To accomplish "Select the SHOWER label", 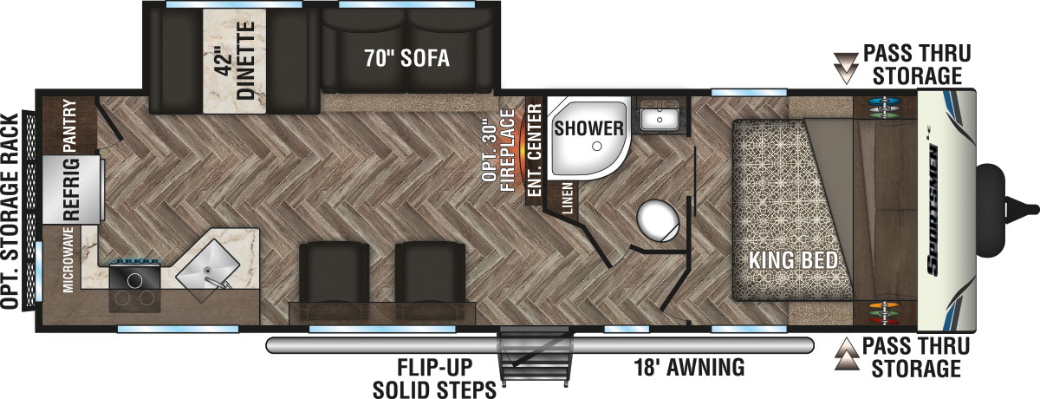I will (x=589, y=129).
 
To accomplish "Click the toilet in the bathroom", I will (x=657, y=220).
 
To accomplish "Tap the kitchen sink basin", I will (x=208, y=268).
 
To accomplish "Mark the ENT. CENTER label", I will (x=535, y=148).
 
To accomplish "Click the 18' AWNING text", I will (x=688, y=368).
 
